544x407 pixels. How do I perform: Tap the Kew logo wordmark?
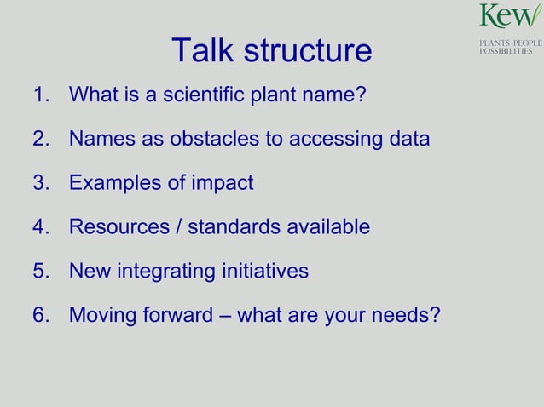tap(510, 16)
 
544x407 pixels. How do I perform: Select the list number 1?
tap(39, 94)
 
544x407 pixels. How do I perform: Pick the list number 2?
tap(39, 138)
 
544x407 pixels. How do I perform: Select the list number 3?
tap(39, 182)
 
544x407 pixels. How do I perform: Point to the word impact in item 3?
tap(223, 182)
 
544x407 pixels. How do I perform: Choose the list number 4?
tap(39, 226)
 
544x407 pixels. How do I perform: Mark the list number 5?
tap(39, 271)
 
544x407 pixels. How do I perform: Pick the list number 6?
tap(39, 316)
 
